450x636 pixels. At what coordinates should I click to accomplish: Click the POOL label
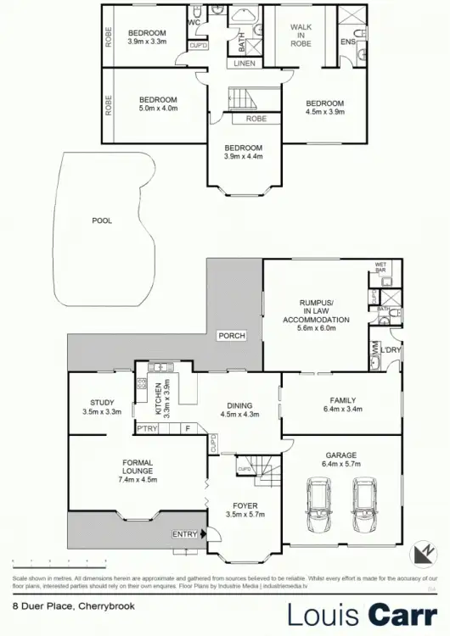point(102,220)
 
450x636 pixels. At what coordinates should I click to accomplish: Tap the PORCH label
point(232,336)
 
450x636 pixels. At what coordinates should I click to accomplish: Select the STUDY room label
point(103,402)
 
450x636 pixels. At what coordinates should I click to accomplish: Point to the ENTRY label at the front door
point(183,534)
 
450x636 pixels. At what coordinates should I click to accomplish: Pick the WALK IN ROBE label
point(302,33)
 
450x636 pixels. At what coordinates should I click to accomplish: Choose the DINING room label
point(239,405)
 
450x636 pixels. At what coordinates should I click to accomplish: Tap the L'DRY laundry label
point(391,349)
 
